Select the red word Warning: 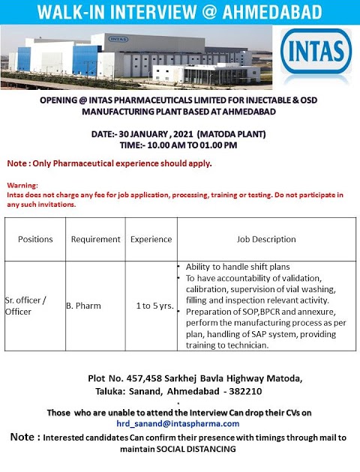pyautogui.click(x=22, y=185)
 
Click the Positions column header pyautogui.click(x=35, y=240)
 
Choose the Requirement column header pyautogui.click(x=95, y=240)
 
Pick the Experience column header pyautogui.click(x=151, y=240)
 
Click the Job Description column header pyautogui.click(x=262, y=240)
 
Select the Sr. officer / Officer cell pyautogui.click(x=31, y=306)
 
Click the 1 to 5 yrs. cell pyautogui.click(x=152, y=306)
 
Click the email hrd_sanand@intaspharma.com pyautogui.click(x=181, y=423)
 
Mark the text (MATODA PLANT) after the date pyautogui.click(x=242, y=135)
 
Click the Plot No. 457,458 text pyautogui.click(x=125, y=379)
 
